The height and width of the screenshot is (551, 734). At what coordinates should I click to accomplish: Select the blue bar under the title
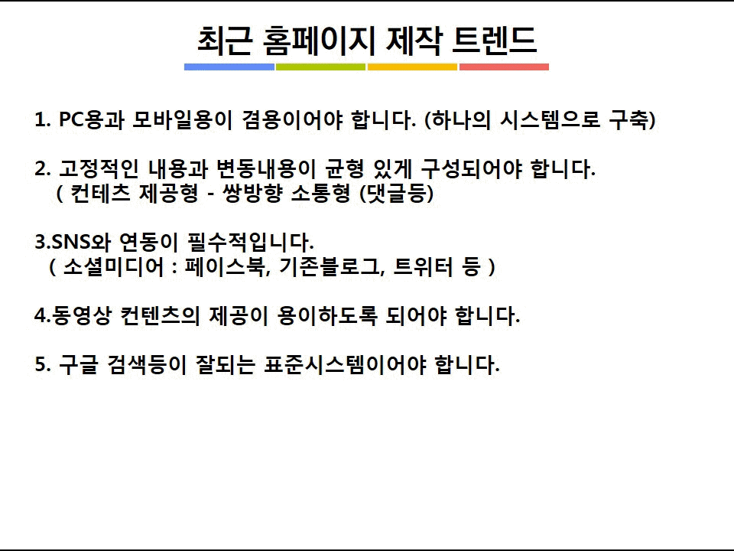[229, 67]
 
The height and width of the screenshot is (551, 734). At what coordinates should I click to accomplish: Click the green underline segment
[320, 67]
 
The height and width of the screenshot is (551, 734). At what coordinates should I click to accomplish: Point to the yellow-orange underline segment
[412, 67]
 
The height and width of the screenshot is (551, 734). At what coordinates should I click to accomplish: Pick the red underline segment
[504, 67]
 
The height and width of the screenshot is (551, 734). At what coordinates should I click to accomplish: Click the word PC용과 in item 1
[92, 120]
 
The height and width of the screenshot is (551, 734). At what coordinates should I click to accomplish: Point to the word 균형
[345, 168]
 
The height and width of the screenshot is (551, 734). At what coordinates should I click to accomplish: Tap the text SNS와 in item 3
[81, 242]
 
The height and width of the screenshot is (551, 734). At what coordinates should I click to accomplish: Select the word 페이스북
[226, 266]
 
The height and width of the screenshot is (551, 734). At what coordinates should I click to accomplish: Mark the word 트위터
[423, 266]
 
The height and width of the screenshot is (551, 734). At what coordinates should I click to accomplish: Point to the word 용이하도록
[327, 315]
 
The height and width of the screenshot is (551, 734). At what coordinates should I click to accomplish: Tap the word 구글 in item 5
[79, 364]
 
